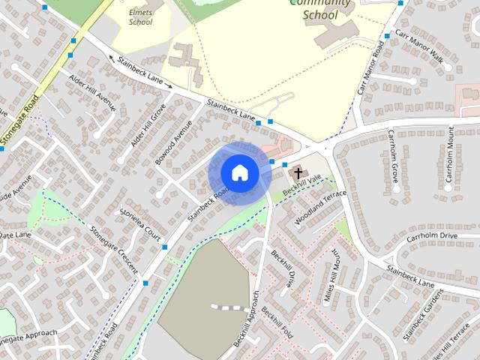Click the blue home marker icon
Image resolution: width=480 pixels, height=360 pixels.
pyautogui.click(x=239, y=172)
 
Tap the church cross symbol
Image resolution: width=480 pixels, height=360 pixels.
pyautogui.click(x=297, y=172)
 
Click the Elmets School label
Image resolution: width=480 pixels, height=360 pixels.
pyautogui.click(x=140, y=17)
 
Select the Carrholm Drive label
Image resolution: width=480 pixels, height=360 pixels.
pyautogui.click(x=431, y=236)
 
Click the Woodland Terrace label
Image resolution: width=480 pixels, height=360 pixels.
pyautogui.click(x=321, y=205)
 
